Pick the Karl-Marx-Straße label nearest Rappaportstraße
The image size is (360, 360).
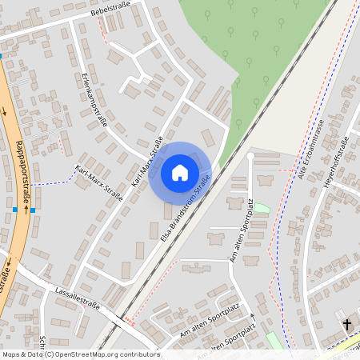coord(98,181)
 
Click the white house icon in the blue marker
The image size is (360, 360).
coord(180,172)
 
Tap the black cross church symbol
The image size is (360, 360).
coord(347,325)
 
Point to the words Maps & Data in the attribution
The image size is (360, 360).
coord(21,354)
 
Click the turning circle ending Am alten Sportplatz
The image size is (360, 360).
coord(250,157)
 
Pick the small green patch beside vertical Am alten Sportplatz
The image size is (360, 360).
coord(261,209)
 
